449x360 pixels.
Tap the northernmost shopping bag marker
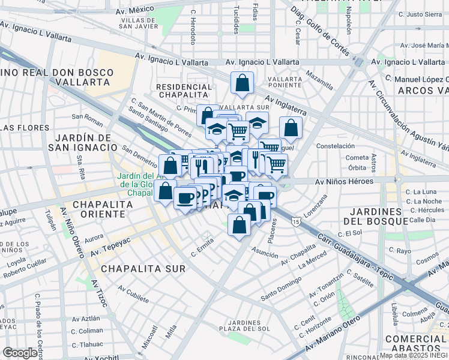(242, 84)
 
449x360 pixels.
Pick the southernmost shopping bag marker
(240, 225)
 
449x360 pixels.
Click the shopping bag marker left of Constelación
(291, 127)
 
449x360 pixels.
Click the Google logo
(20, 353)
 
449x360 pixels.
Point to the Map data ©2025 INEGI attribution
(414, 355)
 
